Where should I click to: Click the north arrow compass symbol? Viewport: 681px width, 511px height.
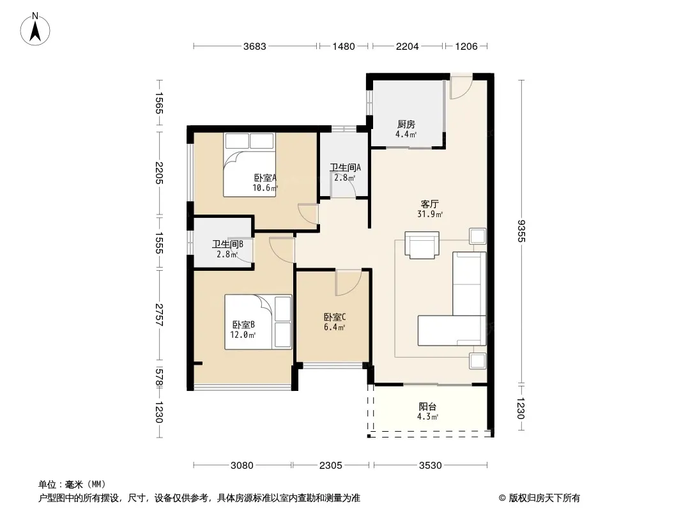pyautogui.click(x=35, y=29)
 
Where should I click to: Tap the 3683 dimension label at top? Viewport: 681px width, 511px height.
pyautogui.click(x=254, y=47)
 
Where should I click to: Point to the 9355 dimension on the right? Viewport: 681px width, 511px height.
pyautogui.click(x=521, y=231)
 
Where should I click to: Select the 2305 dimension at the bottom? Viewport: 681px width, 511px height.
pyautogui.click(x=330, y=466)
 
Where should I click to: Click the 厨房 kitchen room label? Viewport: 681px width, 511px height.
pyautogui.click(x=406, y=125)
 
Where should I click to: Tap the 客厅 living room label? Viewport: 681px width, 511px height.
pyautogui.click(x=429, y=204)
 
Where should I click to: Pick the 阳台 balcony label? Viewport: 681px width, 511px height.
pyautogui.click(x=427, y=407)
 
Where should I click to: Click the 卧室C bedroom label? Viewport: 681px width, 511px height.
pyautogui.click(x=334, y=317)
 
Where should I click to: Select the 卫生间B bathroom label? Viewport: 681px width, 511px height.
pyautogui.click(x=227, y=245)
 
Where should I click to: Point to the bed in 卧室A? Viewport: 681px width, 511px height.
pyautogui.click(x=250, y=165)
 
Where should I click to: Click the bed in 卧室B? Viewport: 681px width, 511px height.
pyautogui.click(x=258, y=322)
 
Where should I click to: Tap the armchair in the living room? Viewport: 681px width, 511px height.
pyautogui.click(x=422, y=245)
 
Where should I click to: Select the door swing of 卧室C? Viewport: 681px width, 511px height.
pyautogui.click(x=348, y=282)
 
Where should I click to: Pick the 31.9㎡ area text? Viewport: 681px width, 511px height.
pyautogui.click(x=430, y=215)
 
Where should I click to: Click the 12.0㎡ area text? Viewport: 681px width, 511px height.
pyautogui.click(x=243, y=335)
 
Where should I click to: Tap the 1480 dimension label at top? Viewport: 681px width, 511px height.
pyautogui.click(x=344, y=47)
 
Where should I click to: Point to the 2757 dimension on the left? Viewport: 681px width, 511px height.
pyautogui.click(x=160, y=315)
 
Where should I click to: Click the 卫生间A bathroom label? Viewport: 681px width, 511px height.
pyautogui.click(x=345, y=167)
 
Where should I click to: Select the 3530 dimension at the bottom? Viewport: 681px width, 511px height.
pyautogui.click(x=430, y=466)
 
